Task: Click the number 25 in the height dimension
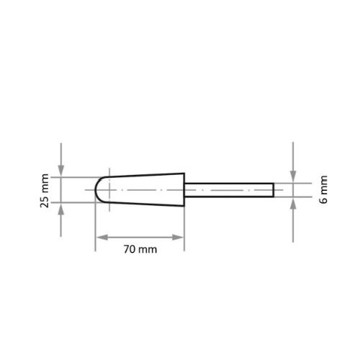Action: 45,202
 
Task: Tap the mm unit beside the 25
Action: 45,183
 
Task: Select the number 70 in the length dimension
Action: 130,250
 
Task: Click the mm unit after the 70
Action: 148,250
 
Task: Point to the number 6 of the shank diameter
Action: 323,199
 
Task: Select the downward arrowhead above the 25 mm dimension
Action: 61,171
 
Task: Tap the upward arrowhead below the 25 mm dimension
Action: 61,208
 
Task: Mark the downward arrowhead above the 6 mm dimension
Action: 294,178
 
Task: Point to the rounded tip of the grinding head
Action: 99,189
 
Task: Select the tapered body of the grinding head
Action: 144,189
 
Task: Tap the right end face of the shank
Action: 274,189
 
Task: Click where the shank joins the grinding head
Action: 184,189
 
